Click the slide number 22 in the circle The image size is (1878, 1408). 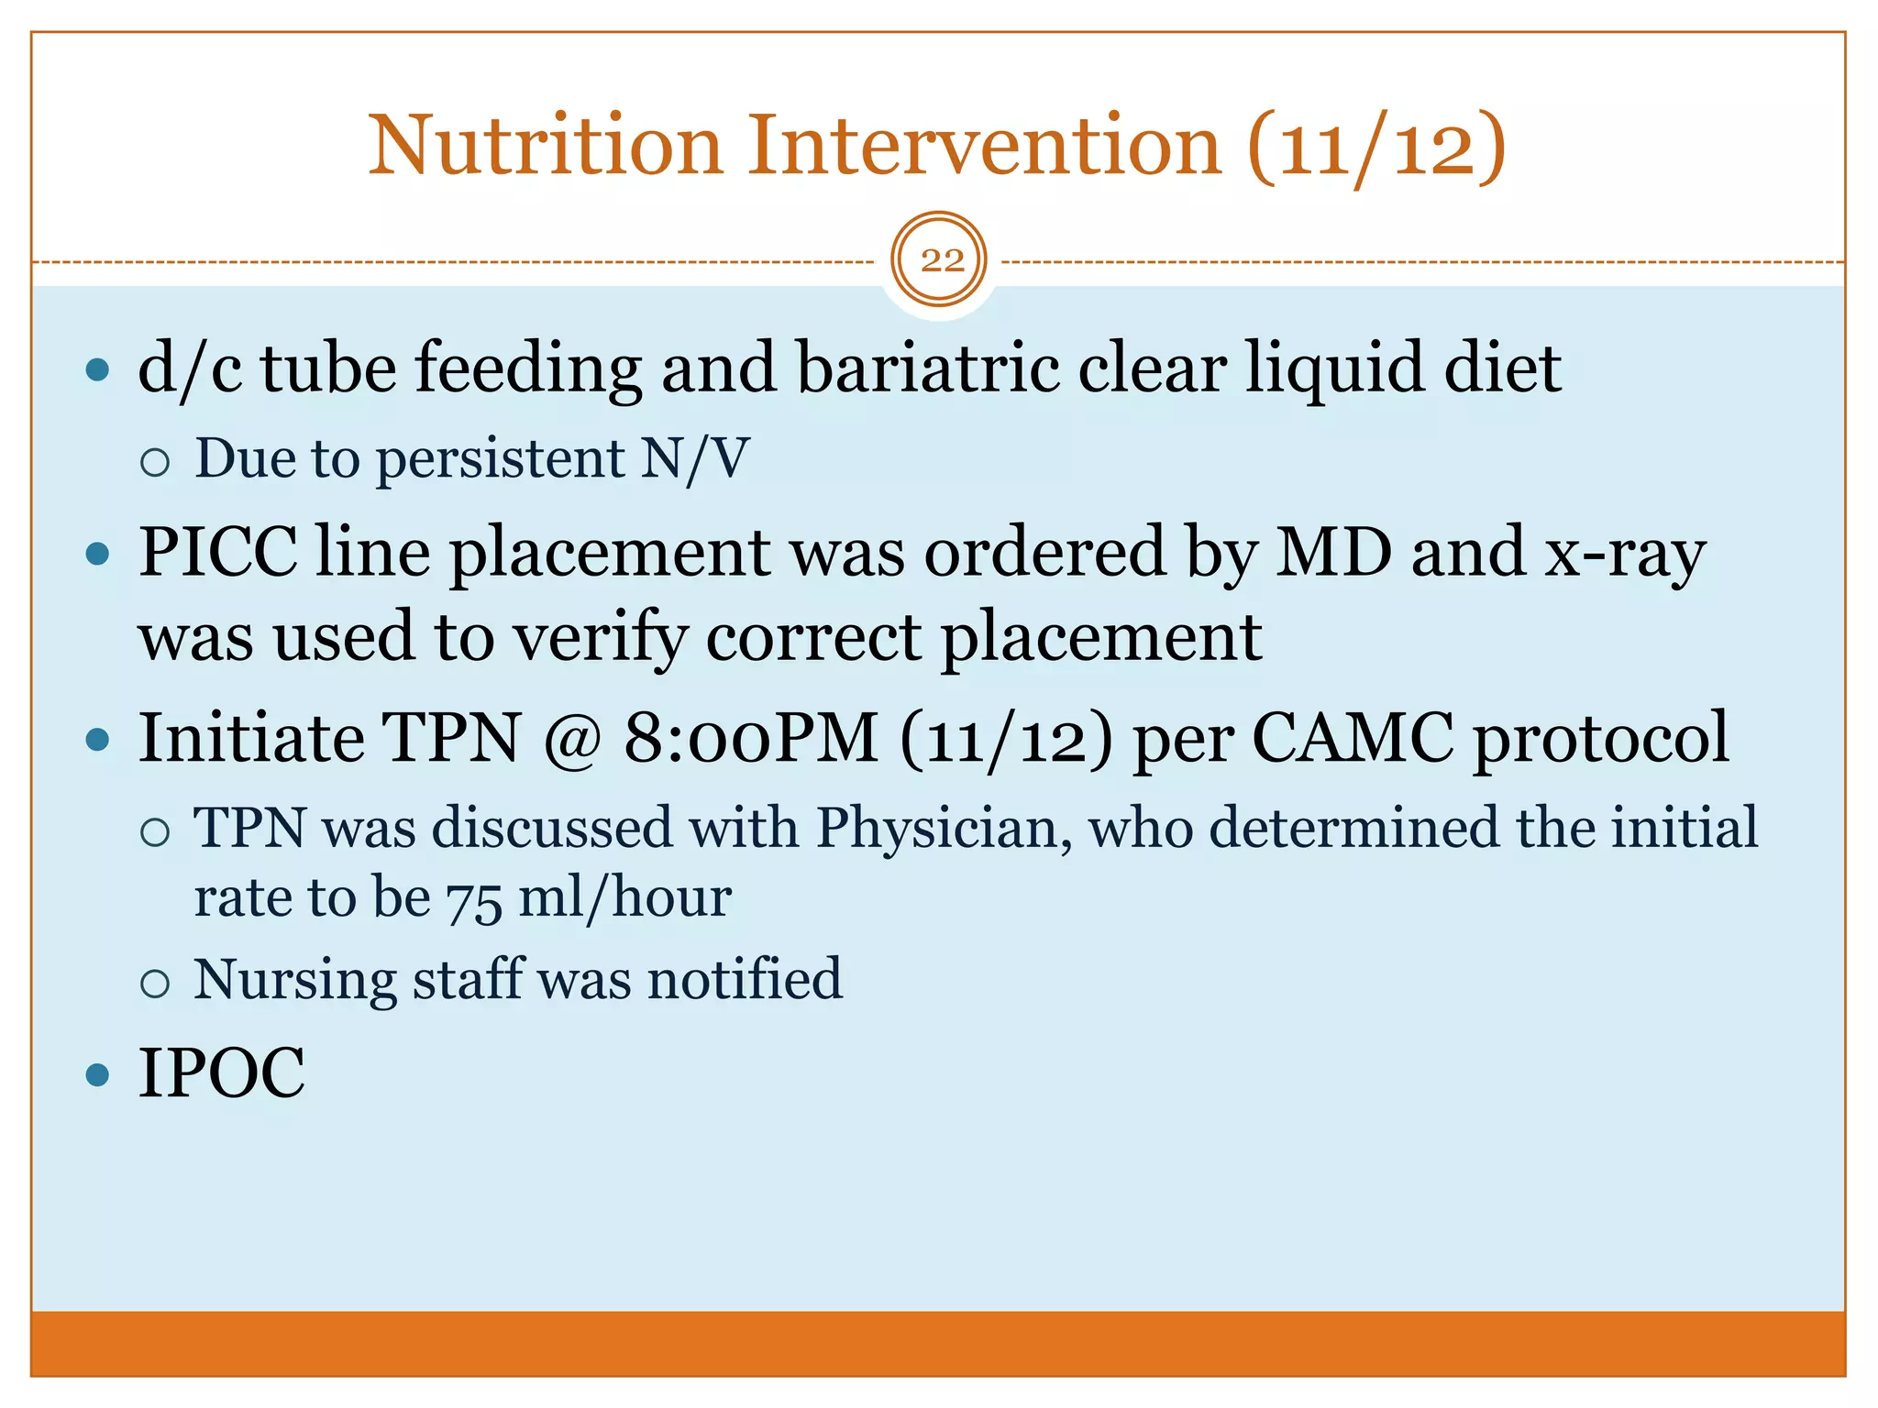click(x=941, y=261)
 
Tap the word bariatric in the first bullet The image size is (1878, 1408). click(x=926, y=368)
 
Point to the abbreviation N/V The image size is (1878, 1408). click(x=694, y=458)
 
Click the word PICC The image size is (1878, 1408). click(x=218, y=553)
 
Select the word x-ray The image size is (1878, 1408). click(x=1625, y=555)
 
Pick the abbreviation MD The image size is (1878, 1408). click(x=1333, y=553)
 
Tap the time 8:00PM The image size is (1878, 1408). click(x=750, y=738)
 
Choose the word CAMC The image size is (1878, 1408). click(x=1352, y=738)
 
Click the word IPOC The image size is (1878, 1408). click(x=221, y=1073)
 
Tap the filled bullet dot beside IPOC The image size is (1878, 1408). click(x=96, y=1074)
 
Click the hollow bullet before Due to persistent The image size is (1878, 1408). click(x=156, y=462)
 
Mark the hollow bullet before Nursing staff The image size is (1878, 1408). click(x=156, y=984)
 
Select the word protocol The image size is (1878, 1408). click(x=1601, y=739)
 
